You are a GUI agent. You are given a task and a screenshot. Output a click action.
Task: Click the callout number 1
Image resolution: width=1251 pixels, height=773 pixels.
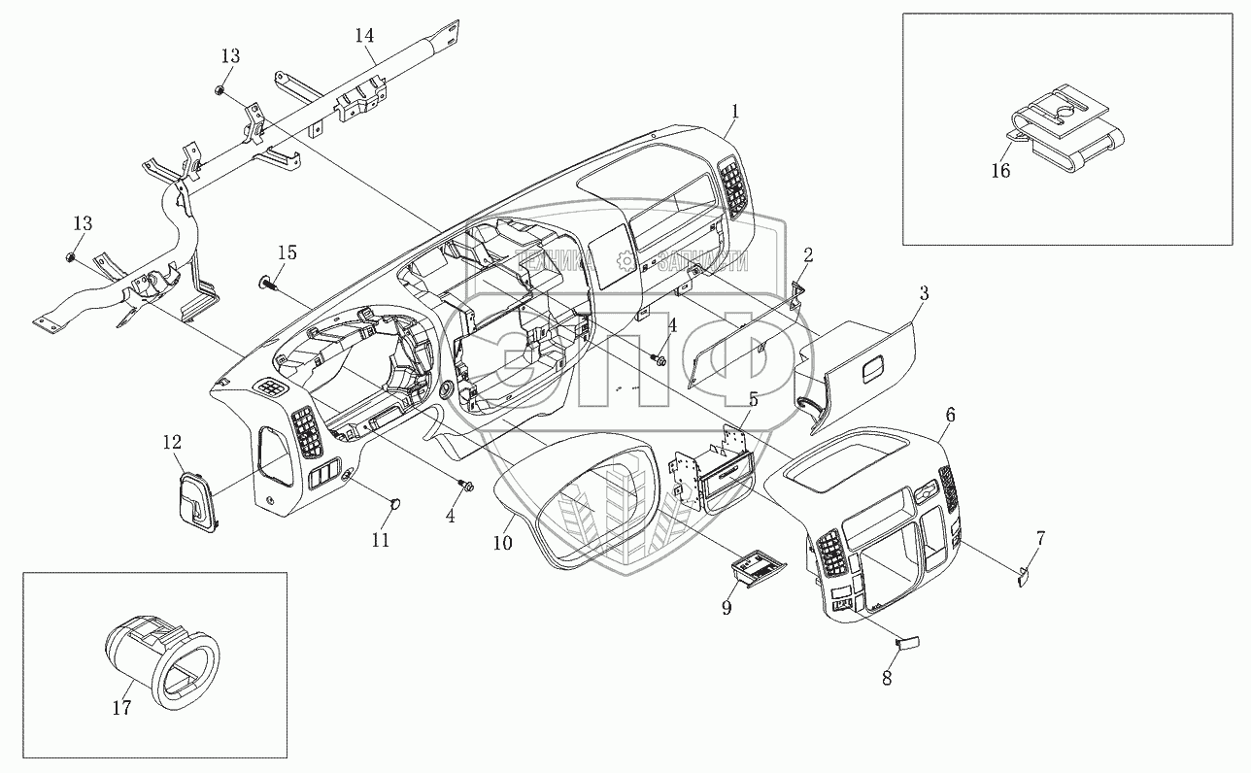click(735, 112)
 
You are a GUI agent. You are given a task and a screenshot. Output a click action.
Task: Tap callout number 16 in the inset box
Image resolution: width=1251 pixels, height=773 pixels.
click(1000, 172)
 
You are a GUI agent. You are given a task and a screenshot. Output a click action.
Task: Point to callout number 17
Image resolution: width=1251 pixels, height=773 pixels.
click(121, 709)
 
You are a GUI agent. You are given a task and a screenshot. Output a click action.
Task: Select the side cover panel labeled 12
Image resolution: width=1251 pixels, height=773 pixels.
click(197, 500)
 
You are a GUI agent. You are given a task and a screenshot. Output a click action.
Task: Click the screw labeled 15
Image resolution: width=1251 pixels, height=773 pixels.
click(266, 284)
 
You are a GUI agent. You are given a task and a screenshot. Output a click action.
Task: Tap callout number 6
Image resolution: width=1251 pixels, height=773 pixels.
click(950, 415)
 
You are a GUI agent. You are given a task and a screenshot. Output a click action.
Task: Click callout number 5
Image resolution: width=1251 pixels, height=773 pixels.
click(753, 398)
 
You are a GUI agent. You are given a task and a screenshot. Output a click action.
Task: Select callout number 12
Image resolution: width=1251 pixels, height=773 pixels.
click(171, 442)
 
